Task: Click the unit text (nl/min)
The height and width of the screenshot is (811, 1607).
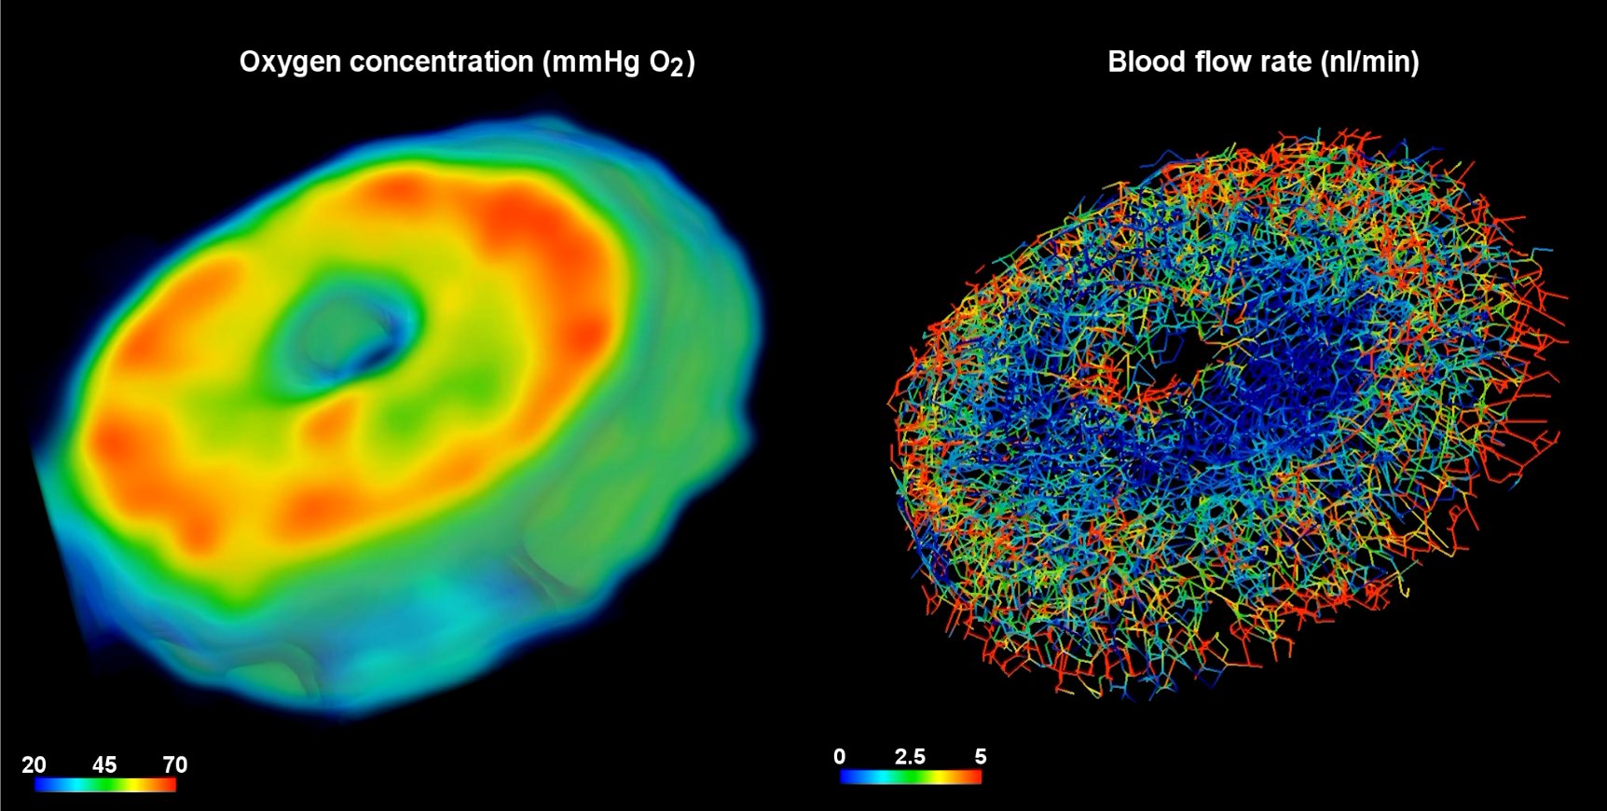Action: coord(1369,62)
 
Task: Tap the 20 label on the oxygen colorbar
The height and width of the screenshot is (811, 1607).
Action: coord(34,765)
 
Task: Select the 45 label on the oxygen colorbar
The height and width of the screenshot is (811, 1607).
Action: coord(104,765)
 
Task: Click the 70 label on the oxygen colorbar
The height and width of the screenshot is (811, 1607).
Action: coord(175,765)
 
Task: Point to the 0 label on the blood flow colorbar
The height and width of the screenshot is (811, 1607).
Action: coord(840,756)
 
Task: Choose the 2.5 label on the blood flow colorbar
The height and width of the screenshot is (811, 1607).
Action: coord(910,756)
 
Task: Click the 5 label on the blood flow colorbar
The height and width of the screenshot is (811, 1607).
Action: coord(981,756)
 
